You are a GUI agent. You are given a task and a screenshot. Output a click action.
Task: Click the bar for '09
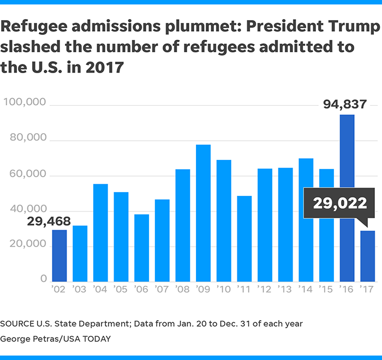point(203,213)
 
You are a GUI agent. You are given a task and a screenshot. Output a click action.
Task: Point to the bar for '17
point(367,256)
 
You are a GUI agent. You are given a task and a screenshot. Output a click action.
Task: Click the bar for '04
point(100,232)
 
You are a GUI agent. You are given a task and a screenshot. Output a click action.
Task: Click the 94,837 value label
point(344,104)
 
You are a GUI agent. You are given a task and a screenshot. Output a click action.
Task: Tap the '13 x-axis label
point(285,289)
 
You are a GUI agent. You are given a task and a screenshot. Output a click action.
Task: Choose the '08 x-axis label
point(182,289)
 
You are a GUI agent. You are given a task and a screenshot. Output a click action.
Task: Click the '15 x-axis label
point(326,289)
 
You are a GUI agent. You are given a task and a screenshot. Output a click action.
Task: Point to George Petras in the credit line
point(35,339)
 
